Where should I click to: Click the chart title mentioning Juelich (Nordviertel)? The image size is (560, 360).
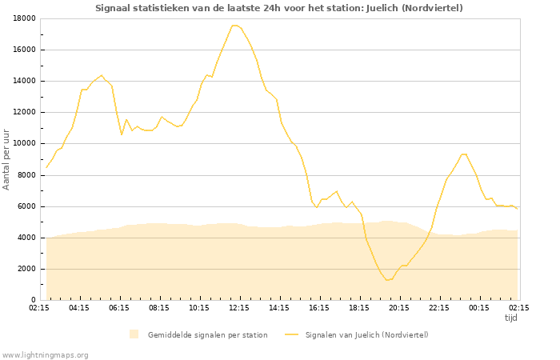(x=278, y=8)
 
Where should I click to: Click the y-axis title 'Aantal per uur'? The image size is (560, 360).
(x=7, y=158)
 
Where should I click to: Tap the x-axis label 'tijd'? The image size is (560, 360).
(x=511, y=318)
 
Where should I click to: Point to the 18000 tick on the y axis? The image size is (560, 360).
(x=24, y=18)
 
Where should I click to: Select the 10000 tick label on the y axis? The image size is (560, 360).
(x=24, y=144)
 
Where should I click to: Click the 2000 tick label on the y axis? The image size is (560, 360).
(x=26, y=269)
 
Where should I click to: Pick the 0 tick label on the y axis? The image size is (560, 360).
(x=33, y=300)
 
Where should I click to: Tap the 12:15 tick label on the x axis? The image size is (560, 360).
(x=239, y=307)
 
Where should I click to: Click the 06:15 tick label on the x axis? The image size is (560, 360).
(x=119, y=307)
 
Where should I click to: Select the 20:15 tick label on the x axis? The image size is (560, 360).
(x=399, y=307)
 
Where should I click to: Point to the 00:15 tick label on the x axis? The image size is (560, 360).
(x=479, y=307)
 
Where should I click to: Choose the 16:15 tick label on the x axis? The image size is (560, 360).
(x=319, y=307)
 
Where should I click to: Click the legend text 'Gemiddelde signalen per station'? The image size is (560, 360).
(x=207, y=334)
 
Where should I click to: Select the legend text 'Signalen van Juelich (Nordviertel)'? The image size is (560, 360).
(x=366, y=334)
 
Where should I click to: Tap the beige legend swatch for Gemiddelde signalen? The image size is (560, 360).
(x=134, y=334)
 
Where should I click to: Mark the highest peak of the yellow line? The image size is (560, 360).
(x=234, y=26)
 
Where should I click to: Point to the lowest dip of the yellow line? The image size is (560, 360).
(x=387, y=280)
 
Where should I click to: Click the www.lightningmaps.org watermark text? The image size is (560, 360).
(x=46, y=354)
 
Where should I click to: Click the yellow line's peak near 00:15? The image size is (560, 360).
(x=463, y=154)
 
